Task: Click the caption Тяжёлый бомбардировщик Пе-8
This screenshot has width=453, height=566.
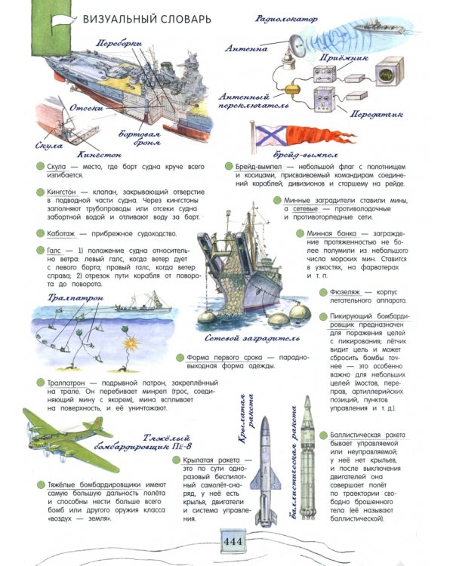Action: [180, 443]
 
